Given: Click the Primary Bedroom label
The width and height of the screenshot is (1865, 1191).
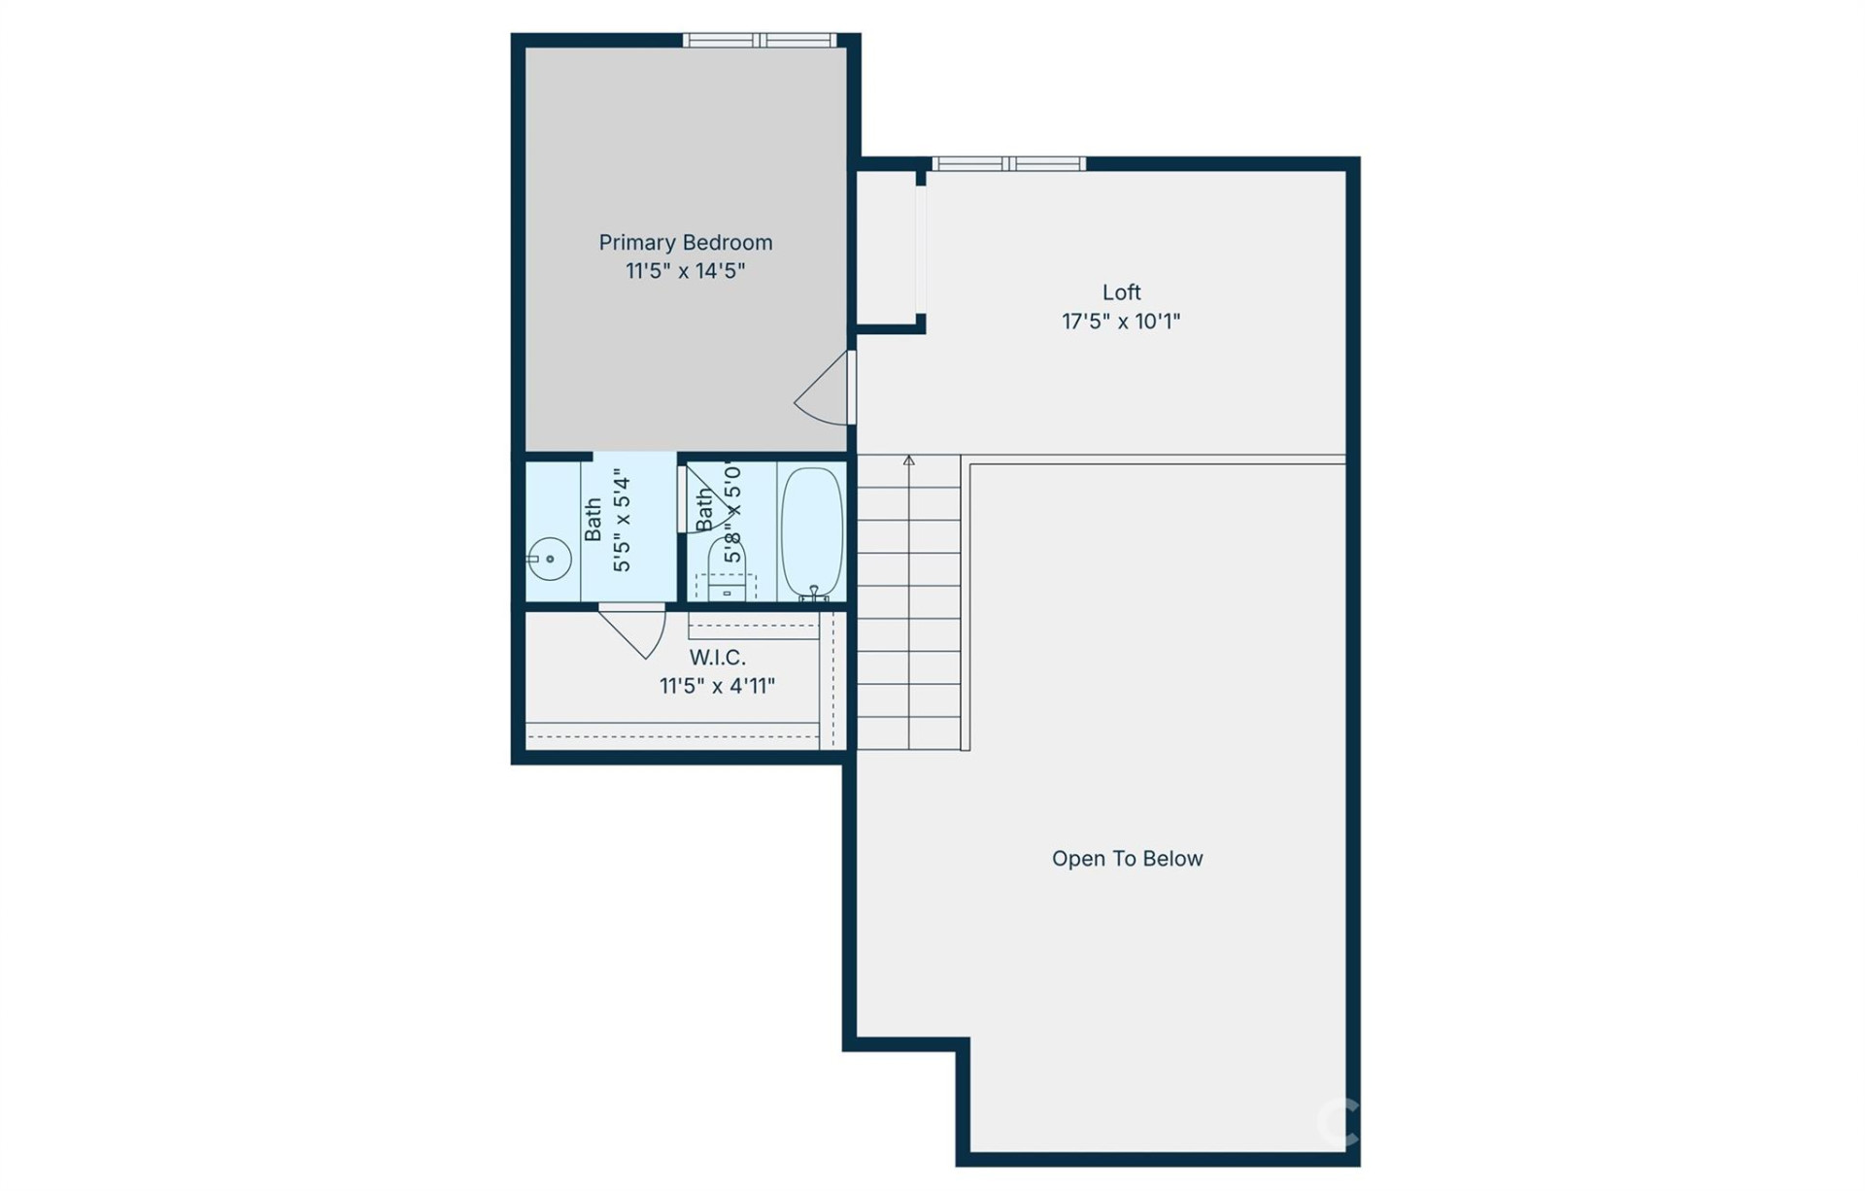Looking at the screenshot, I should pyautogui.click(x=685, y=242).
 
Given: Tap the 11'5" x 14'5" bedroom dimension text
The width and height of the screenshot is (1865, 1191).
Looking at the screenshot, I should pyautogui.click(x=685, y=271).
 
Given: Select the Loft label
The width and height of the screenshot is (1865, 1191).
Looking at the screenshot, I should pyautogui.click(x=1121, y=292).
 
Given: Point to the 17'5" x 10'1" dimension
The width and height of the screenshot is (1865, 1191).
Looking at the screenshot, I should pyautogui.click(x=1121, y=322).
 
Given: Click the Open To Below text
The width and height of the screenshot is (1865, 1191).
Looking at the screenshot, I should pyautogui.click(x=1127, y=859).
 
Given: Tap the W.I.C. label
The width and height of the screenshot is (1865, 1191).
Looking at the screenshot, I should pyautogui.click(x=717, y=658).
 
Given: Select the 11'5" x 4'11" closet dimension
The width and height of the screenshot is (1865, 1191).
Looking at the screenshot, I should pyautogui.click(x=717, y=687).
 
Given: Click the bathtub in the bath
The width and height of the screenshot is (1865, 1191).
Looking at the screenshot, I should pyautogui.click(x=812, y=531).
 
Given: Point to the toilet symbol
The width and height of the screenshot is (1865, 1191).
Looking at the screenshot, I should pyautogui.click(x=727, y=563).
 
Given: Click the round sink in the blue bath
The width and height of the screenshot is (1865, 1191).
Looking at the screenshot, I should pyautogui.click(x=550, y=559).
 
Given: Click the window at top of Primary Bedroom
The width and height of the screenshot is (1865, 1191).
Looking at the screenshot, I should pyautogui.click(x=759, y=40).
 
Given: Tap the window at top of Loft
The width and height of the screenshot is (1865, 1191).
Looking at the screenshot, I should pyautogui.click(x=1008, y=163).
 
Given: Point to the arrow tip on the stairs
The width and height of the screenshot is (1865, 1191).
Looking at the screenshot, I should pyautogui.click(x=908, y=459).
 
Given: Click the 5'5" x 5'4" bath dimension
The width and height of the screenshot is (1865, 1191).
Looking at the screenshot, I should pyautogui.click(x=622, y=525).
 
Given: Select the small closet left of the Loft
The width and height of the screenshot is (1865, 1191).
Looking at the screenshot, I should pyautogui.click(x=885, y=248).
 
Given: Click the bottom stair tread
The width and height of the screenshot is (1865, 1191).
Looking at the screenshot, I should pyautogui.click(x=908, y=733).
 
